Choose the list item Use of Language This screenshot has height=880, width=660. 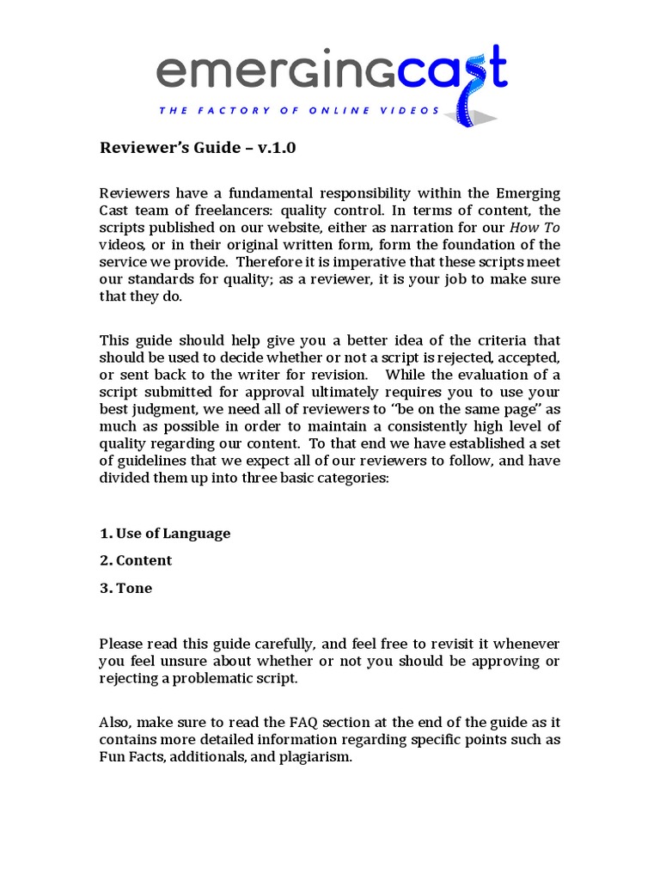coord(173,534)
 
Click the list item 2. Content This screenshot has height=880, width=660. coord(136,560)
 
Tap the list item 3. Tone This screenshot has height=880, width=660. coord(126,589)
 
